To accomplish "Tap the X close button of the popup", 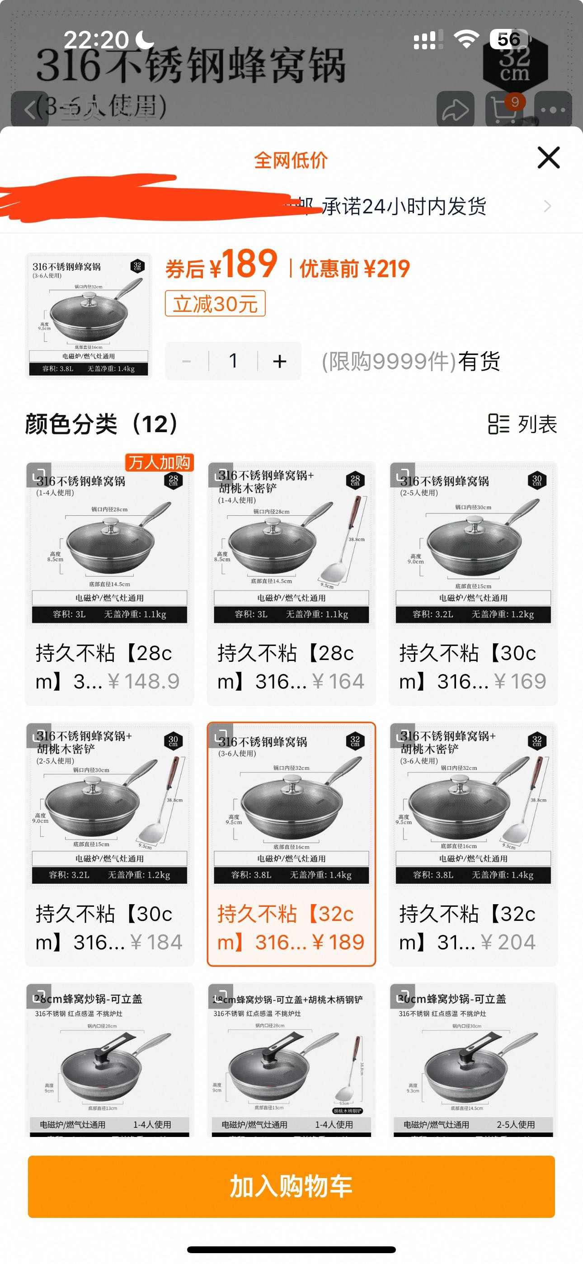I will pos(548,157).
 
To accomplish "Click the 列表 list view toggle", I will pos(522,424).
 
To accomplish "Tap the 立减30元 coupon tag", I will pos(215,304).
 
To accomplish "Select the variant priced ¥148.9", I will pos(109,584).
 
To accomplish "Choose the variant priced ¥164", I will pos(291,584).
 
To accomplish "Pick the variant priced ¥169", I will pos(473,584).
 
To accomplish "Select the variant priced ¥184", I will pos(109,844).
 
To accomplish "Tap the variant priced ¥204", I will pos(473,844).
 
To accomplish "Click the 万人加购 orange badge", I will pos(160,462).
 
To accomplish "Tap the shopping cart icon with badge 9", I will pos(504,109).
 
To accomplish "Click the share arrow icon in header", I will pos(456,109).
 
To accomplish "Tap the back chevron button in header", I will pos(30,109).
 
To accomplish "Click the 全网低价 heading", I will pos(291,160).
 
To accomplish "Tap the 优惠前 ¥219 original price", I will pos(354,269).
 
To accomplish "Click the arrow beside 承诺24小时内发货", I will pos(547,207).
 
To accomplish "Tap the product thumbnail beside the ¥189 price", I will pos(88,316).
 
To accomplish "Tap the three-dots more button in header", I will pos(553,109).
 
